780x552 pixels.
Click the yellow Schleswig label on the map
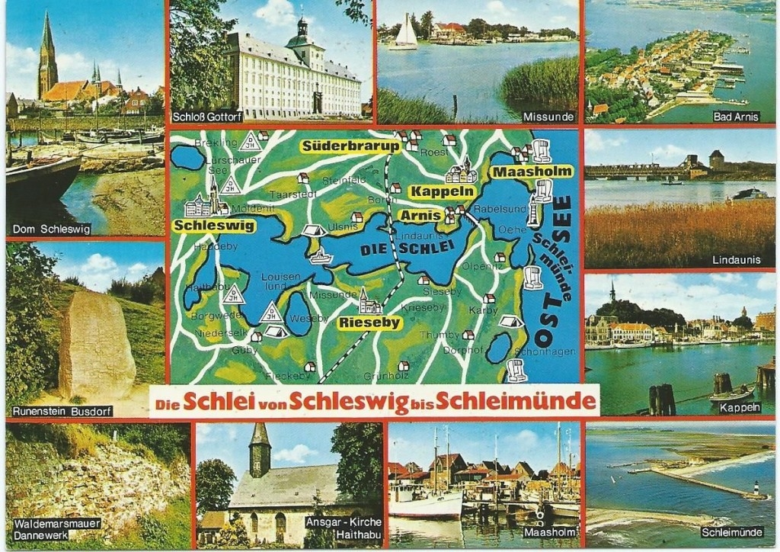tap(214, 226)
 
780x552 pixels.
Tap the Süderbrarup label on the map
tap(350, 146)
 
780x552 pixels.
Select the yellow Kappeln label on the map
tap(442, 191)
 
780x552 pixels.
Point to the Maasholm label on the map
tap(532, 172)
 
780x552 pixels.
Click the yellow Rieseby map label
tap(369, 323)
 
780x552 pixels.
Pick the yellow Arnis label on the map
tap(420, 216)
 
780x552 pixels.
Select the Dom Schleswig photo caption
tap(51, 229)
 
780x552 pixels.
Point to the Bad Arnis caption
tap(737, 117)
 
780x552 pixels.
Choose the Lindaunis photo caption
tap(736, 260)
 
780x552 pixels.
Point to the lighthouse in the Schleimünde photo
tap(755, 489)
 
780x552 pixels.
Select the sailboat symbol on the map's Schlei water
tap(321, 255)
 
